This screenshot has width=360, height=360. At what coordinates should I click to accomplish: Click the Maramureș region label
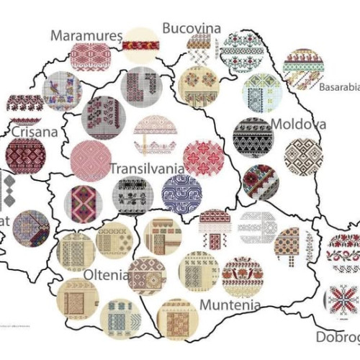pos(84,35)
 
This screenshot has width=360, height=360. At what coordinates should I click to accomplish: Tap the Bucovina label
pos(192,27)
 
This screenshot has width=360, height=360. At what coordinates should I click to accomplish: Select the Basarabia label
pos(338,89)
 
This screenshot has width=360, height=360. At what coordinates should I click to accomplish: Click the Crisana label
pos(35,132)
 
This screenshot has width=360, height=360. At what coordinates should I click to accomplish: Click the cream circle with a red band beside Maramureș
pos(140,45)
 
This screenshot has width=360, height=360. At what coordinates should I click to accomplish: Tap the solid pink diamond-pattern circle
pos(91,160)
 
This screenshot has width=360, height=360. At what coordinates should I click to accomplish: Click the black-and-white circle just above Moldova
pos(253,136)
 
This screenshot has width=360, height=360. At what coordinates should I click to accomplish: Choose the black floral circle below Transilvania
pos(132,196)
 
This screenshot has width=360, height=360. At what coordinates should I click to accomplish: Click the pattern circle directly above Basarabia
pos(303,68)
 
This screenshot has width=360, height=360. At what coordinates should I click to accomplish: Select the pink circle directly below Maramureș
pos(90,57)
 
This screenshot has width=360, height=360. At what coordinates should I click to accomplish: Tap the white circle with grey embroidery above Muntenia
pos(257,228)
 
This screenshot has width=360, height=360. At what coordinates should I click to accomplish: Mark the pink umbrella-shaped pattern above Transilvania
pos(156,135)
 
